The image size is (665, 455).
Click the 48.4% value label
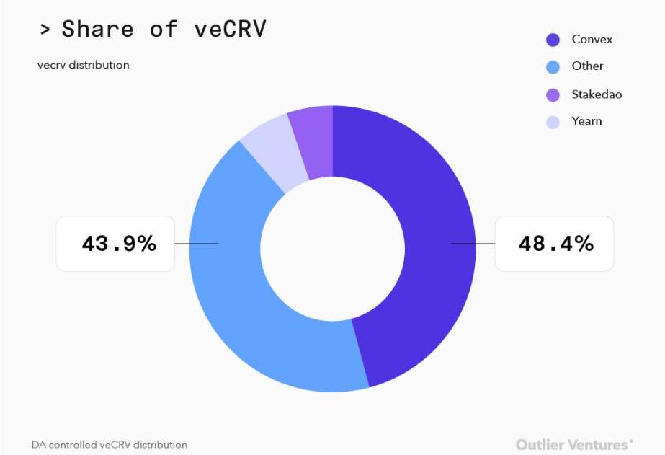(555, 244)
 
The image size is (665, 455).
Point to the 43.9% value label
(118, 244)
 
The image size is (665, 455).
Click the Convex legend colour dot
(553, 40)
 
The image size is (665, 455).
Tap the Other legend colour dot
(553, 67)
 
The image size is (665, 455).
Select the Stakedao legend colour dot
(553, 94)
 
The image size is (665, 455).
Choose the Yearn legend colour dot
(553, 122)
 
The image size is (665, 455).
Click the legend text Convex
(592, 40)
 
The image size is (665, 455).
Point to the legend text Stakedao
(597, 94)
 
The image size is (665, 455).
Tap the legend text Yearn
(586, 121)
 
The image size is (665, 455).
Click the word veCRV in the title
(230, 29)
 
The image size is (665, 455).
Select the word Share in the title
(97, 29)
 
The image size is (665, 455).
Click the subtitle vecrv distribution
(84, 65)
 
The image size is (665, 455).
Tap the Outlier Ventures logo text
(573, 444)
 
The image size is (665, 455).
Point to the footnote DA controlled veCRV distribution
(109, 445)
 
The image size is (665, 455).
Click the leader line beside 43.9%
(197, 244)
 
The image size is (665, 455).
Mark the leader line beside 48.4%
(473, 244)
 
